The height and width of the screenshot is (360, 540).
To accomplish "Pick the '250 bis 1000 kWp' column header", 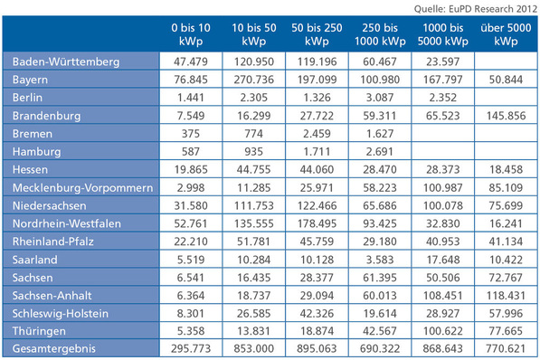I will (380, 35).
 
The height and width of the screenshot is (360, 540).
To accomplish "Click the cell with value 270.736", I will (253, 80).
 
